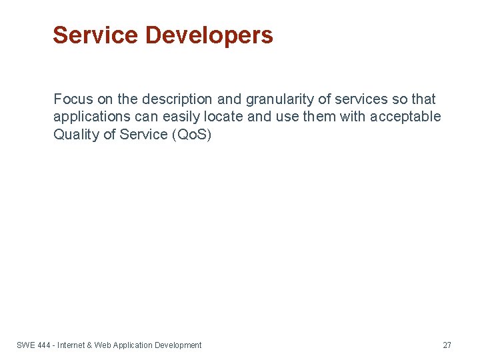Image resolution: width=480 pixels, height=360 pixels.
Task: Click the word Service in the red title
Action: point(95,35)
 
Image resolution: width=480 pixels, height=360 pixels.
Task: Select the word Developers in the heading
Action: point(209,35)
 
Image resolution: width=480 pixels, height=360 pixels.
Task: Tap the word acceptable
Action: point(407,117)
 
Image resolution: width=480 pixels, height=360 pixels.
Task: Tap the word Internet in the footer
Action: point(71,345)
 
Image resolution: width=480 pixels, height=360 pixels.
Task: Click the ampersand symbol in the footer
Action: point(89,345)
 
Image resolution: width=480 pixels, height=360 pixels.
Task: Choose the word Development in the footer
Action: point(178,345)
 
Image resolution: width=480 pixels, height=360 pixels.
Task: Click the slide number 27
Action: point(447,345)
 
